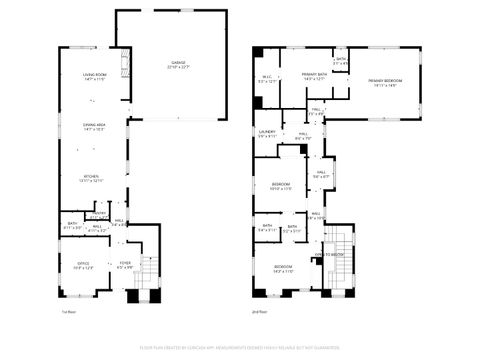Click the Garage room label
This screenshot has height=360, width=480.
(178, 64)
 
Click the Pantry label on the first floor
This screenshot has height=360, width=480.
(98, 213)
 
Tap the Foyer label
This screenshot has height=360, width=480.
(125, 266)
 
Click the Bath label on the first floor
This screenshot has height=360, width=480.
(72, 225)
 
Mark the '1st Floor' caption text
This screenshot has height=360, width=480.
(69, 313)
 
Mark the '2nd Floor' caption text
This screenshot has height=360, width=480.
(262, 313)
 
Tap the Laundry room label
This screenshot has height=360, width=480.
(267, 133)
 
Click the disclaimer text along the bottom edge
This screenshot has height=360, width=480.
(239, 348)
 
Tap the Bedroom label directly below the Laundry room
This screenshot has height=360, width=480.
(281, 186)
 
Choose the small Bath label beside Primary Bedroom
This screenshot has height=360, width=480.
(341, 61)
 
